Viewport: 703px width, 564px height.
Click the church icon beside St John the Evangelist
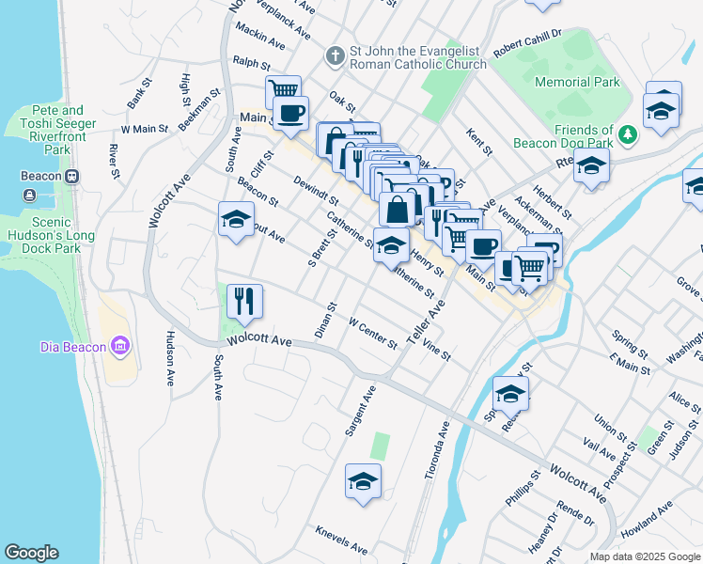tap(334, 56)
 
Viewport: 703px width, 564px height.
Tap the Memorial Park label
tap(577, 82)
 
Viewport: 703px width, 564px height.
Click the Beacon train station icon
tap(71, 177)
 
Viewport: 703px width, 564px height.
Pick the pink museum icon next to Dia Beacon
tap(119, 347)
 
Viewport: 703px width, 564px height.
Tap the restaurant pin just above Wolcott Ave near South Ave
tap(244, 302)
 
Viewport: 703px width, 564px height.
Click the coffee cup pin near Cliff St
tap(291, 114)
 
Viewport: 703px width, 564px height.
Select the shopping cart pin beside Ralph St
tap(282, 91)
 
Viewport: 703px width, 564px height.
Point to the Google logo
tap(31, 553)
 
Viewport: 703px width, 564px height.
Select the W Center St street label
tap(373, 334)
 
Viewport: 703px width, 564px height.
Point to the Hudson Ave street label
tap(170, 357)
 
